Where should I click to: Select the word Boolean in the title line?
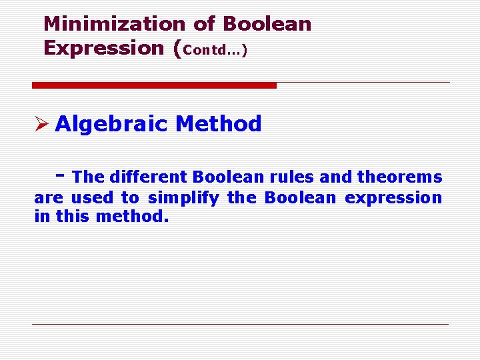[x=267, y=24]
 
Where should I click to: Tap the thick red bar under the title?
[x=154, y=85]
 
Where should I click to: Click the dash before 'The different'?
[x=61, y=175]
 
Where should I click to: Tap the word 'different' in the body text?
[x=147, y=177]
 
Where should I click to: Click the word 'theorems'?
[x=399, y=177]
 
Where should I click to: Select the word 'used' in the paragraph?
[x=92, y=198]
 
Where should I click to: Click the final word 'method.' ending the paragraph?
[x=132, y=217]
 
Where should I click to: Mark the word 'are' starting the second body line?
[x=47, y=199]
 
